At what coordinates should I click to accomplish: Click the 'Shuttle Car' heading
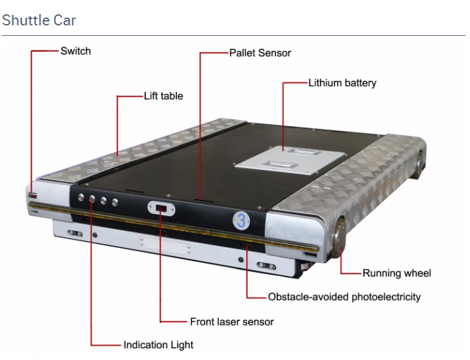39,20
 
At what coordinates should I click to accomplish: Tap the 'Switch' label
76,51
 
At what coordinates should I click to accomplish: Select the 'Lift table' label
163,96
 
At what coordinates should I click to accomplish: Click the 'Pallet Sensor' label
260,53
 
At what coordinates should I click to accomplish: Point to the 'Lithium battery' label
342,83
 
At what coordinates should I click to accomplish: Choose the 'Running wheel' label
396,273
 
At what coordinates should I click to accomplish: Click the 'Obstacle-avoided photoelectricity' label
344,297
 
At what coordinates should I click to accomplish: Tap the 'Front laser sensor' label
232,322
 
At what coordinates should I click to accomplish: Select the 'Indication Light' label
158,344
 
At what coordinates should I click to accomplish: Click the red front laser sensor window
161,208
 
